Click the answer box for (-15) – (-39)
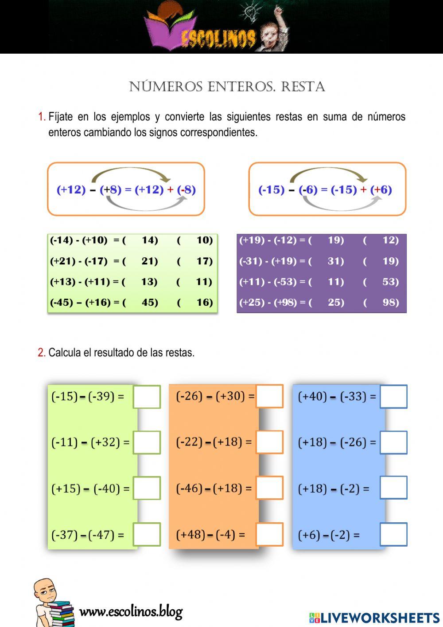pyautogui.click(x=147, y=397)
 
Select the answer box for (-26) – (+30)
pyautogui.click(x=269, y=396)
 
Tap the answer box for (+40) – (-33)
pyautogui.click(x=393, y=397)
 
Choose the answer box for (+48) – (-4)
pyautogui.click(x=269, y=534)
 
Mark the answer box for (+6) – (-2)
pyautogui.click(x=393, y=534)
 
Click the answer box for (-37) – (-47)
pyautogui.click(x=147, y=534)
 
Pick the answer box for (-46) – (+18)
pyautogui.click(x=269, y=488)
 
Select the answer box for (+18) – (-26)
pyautogui.click(x=393, y=442)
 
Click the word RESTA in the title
pyautogui.click(x=303, y=87)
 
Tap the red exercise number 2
pyautogui.click(x=41, y=353)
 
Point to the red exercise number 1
pyautogui.click(x=42, y=117)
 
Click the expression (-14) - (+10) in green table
pyautogui.click(x=79, y=241)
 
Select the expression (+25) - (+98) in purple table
pyautogui.click(x=268, y=303)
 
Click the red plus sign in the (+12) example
pyautogui.click(x=171, y=190)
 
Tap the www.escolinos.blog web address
pyautogui.click(x=131, y=612)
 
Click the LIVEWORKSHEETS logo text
pyautogui.click(x=380, y=618)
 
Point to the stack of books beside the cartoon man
pyautogui.click(x=61, y=613)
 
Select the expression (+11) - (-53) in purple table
pyautogui.click(x=268, y=282)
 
